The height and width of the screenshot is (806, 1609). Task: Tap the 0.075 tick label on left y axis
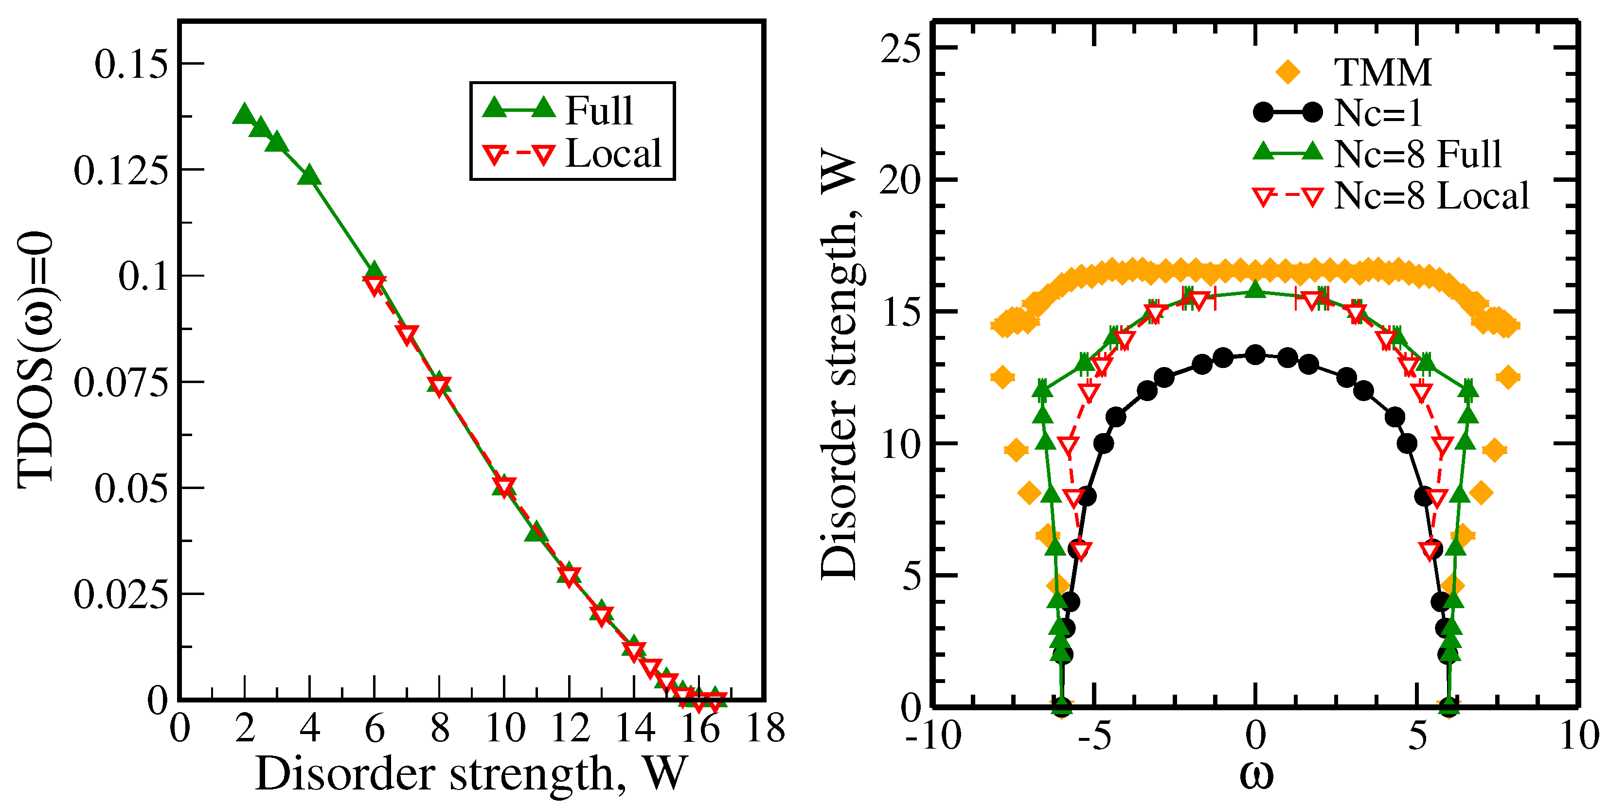click(121, 382)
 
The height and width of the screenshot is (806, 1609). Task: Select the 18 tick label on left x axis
click(765, 729)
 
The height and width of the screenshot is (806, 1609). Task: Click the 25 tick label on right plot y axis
click(900, 48)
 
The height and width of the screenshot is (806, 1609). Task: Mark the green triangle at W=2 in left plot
click(244, 114)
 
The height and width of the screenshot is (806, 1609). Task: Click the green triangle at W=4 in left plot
click(309, 176)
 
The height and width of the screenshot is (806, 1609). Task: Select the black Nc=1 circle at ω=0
click(1255, 354)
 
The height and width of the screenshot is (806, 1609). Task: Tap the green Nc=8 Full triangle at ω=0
click(1255, 290)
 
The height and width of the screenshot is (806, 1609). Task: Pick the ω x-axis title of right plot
click(1255, 776)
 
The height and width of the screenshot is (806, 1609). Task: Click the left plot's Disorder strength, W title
click(472, 774)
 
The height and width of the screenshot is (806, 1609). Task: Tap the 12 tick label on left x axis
click(570, 729)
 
